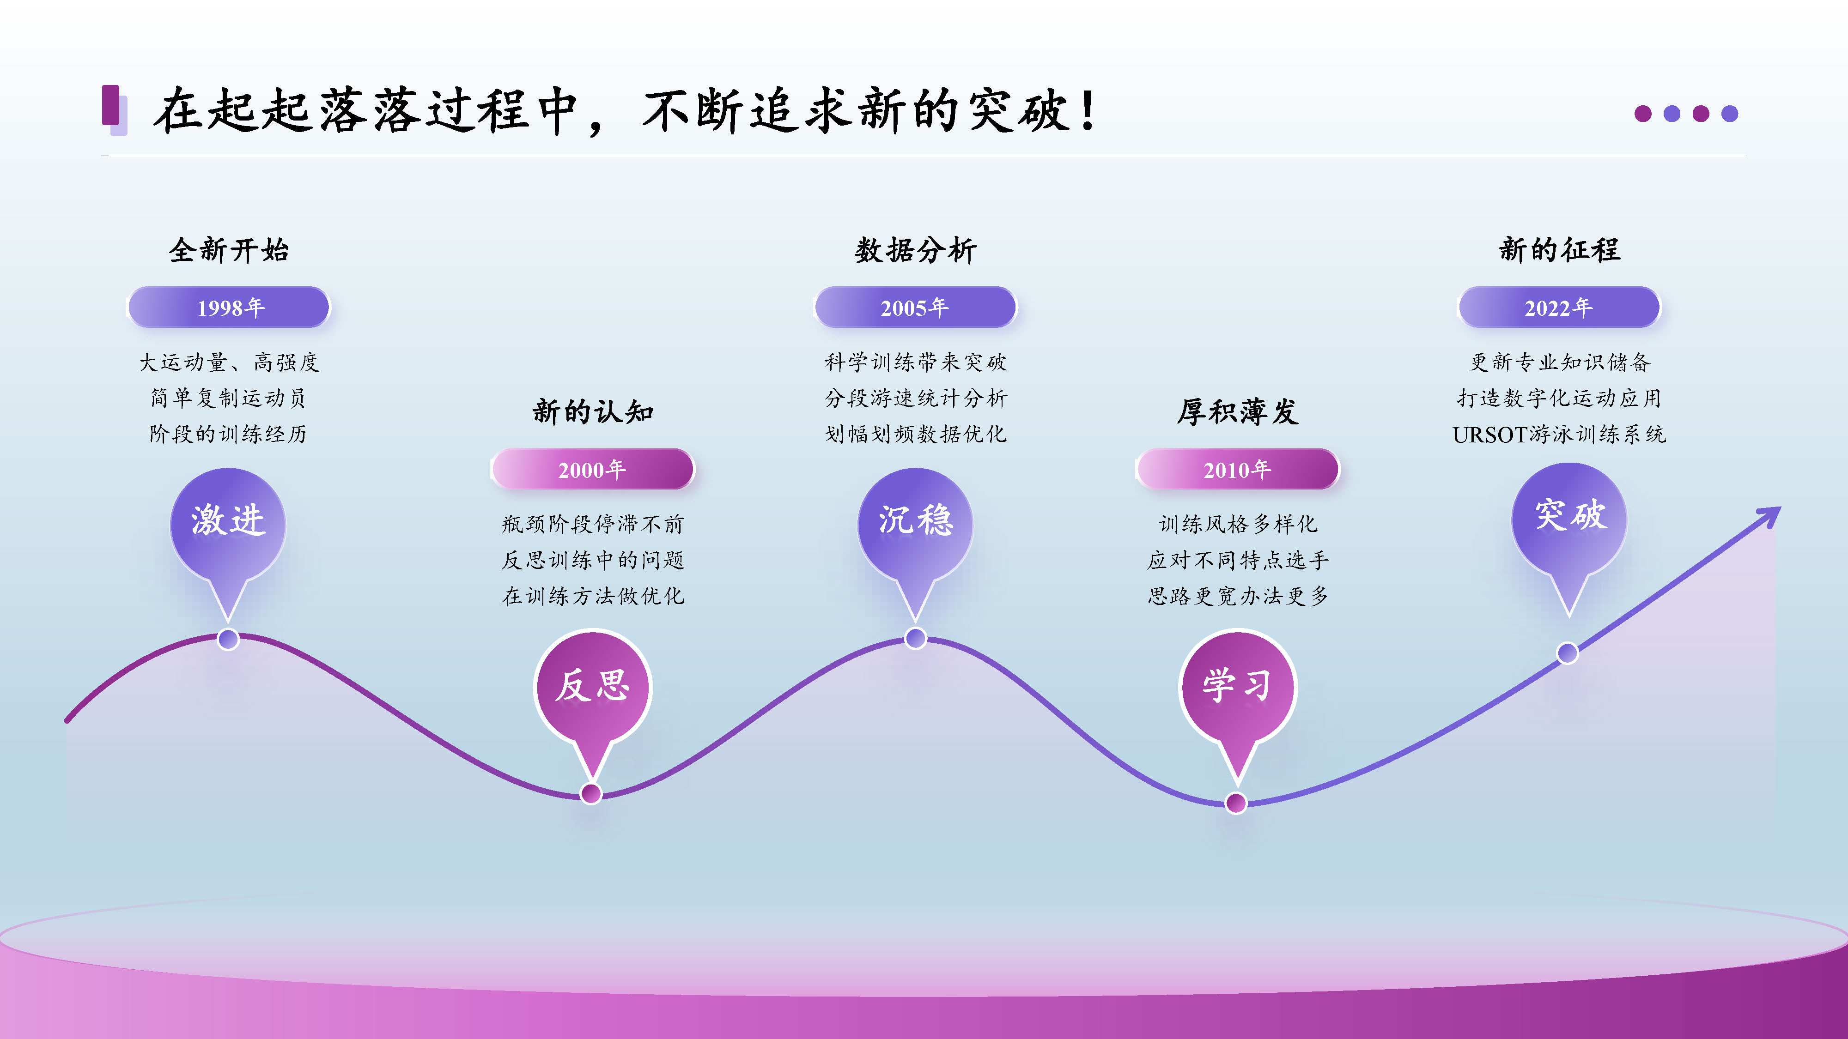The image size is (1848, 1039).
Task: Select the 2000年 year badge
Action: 593,470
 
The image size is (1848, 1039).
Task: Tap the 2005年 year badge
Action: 915,308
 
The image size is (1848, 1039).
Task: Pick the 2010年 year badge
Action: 1238,470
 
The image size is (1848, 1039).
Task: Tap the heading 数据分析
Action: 915,250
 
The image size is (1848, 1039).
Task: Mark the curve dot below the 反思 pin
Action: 591,794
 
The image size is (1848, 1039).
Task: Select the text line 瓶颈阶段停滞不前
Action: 593,524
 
